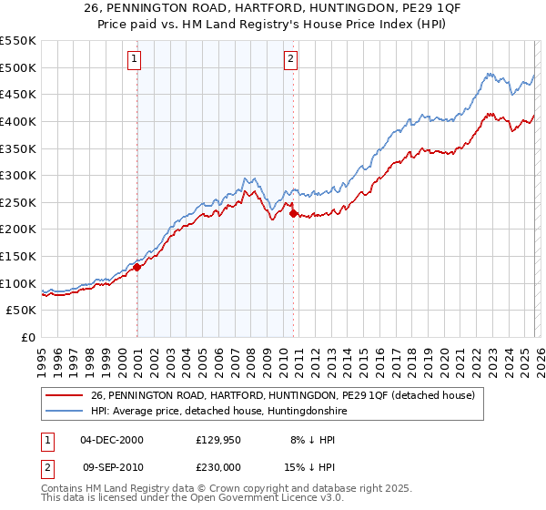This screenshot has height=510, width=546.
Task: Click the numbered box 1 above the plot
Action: [134, 60]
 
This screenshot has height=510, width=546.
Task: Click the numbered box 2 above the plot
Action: [290, 60]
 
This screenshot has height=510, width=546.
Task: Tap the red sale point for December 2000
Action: [136, 267]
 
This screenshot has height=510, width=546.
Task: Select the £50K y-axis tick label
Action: [22, 311]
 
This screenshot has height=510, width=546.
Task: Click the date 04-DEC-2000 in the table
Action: [112, 440]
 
